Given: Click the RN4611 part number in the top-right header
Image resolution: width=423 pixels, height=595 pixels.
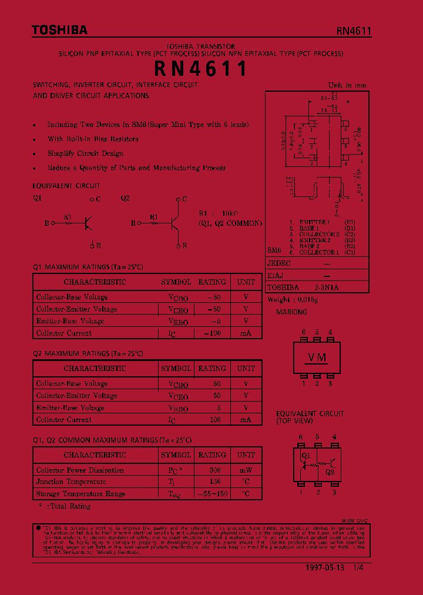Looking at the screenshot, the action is [354, 31].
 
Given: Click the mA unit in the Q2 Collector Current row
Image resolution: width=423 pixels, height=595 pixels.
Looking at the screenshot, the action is [246, 420].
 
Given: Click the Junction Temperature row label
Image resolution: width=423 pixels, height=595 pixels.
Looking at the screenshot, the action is [71, 482].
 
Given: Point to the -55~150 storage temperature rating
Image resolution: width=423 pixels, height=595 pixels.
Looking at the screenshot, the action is [212, 494].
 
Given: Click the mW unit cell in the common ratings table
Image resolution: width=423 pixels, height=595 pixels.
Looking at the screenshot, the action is [246, 470].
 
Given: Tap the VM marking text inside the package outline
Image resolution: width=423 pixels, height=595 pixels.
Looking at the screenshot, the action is [317, 357].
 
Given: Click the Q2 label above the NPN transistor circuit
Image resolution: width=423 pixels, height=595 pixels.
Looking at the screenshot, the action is [125, 199].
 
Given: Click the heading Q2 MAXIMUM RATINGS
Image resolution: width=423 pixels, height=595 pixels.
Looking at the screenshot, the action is [88, 354].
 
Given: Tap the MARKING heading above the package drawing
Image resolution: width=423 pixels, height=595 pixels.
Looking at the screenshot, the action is [292, 312].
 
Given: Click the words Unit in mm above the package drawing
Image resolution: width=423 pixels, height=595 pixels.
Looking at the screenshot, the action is [347, 85].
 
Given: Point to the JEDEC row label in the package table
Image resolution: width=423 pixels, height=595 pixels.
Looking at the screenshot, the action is [279, 264].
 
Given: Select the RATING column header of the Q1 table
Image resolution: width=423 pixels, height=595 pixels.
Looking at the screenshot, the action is [211, 282].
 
